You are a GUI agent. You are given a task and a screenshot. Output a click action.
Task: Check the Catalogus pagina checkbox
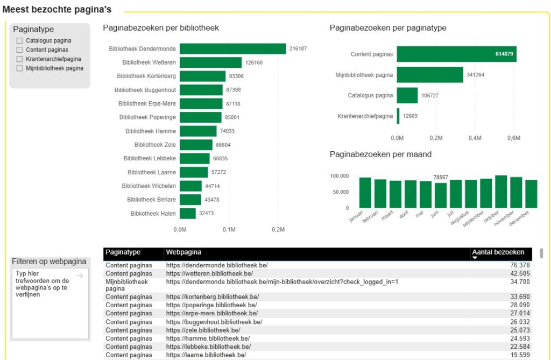pyautogui.click(x=20, y=40)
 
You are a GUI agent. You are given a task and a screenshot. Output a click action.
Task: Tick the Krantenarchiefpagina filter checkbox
pyautogui.click(x=20, y=59)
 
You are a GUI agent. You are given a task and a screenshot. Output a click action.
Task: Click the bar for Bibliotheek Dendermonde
pyautogui.click(x=232, y=48)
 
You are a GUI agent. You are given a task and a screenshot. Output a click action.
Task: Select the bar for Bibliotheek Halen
pyautogui.click(x=188, y=214)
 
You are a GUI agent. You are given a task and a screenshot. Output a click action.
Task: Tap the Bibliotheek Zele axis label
pyautogui.click(x=155, y=145)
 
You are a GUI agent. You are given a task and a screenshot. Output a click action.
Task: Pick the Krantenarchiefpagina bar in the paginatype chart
pyautogui.click(x=398, y=116)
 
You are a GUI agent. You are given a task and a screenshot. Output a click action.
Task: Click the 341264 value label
pyautogui.click(x=476, y=75)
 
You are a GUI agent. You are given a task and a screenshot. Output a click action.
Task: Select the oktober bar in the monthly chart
pyautogui.click(x=501, y=191)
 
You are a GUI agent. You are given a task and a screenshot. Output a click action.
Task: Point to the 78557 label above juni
pyautogui.click(x=441, y=177)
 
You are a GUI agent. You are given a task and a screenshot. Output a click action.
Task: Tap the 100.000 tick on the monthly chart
pyautogui.click(x=340, y=176)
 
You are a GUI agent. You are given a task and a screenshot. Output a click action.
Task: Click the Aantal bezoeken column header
pyautogui.click(x=498, y=252)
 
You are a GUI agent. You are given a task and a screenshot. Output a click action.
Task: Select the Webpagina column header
pyautogui.click(x=184, y=252)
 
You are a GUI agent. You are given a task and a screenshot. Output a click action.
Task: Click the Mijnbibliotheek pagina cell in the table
pyautogui.click(x=126, y=285)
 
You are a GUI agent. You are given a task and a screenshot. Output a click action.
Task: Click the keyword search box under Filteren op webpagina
pyautogui.click(x=50, y=304)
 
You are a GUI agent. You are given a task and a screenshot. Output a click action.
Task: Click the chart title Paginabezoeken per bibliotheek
pyautogui.click(x=161, y=28)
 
